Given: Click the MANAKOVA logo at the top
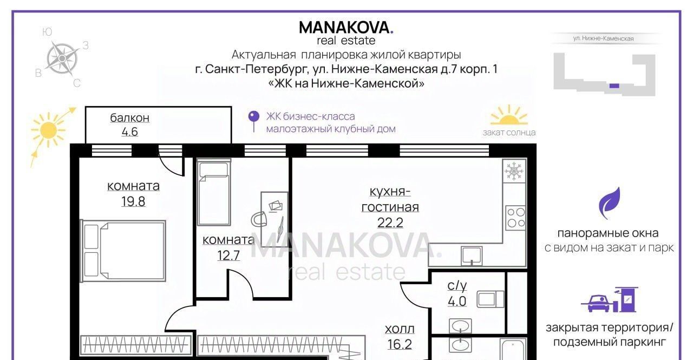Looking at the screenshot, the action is (x=346, y=27).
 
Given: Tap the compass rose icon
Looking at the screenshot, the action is (x=62, y=58).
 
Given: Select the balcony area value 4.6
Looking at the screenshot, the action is (x=129, y=132).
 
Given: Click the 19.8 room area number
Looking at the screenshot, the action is (x=133, y=201).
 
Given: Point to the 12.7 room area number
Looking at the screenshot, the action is (x=228, y=256).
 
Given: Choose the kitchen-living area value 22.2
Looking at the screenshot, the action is (x=390, y=222).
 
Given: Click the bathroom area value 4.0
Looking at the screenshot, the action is (x=457, y=301).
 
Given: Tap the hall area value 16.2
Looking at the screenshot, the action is (x=400, y=344).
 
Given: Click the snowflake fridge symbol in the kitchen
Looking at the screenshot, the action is (x=514, y=171).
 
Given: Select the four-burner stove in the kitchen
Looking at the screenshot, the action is (x=516, y=218).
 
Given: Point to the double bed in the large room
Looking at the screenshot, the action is (x=123, y=251).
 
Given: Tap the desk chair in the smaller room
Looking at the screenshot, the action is (x=259, y=219).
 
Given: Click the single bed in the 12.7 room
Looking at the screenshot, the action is (x=214, y=192).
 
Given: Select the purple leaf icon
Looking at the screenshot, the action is (x=610, y=203).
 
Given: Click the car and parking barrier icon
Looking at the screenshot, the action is (x=609, y=299).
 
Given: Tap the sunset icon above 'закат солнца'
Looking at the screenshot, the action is (x=509, y=116).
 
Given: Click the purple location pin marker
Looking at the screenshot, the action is (x=254, y=121).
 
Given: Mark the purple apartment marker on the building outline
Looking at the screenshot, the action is (x=614, y=86).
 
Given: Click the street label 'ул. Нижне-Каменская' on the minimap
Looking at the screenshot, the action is (x=603, y=38).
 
